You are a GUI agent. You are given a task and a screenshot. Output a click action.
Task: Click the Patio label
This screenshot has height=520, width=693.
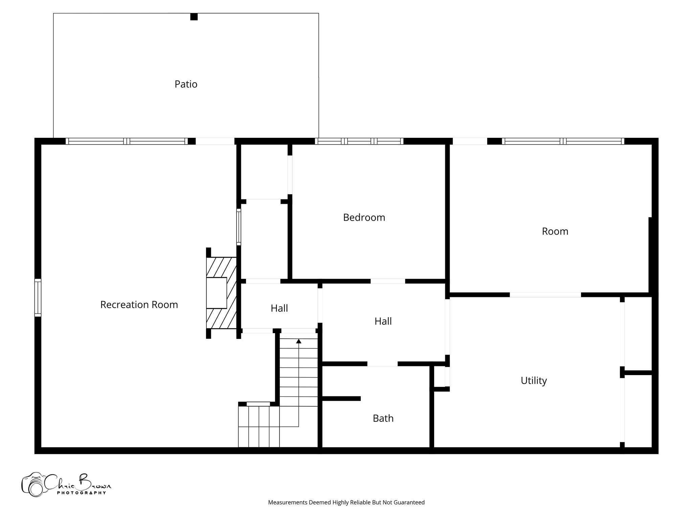pyautogui.click(x=186, y=84)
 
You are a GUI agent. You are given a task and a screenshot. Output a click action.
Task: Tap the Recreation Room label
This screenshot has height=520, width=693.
pyautogui.click(x=139, y=305)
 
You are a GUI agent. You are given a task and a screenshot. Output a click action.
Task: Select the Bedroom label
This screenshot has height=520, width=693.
pyautogui.click(x=364, y=217)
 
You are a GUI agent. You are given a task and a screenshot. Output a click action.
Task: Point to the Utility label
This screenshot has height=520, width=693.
pyautogui.click(x=534, y=381)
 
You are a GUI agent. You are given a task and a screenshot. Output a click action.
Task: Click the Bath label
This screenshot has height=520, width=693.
pyautogui.click(x=383, y=418)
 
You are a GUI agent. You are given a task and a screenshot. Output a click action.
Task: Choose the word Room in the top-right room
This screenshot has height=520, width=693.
pyautogui.click(x=555, y=231)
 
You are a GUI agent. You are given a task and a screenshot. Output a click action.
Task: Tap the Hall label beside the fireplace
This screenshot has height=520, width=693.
pyautogui.click(x=279, y=308)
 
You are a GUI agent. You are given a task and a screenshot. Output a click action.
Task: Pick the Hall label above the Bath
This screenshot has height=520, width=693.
pyautogui.click(x=383, y=321)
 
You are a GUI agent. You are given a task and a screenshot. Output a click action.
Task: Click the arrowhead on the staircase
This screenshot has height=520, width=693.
pyautogui.click(x=298, y=341)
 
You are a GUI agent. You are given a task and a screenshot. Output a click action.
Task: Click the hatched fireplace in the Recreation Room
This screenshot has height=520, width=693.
pyautogui.click(x=221, y=293)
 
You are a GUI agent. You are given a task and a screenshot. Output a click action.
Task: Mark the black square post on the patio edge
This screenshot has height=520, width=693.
pyautogui.click(x=194, y=17)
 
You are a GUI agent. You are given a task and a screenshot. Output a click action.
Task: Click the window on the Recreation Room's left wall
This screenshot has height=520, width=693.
pyautogui.click(x=38, y=298)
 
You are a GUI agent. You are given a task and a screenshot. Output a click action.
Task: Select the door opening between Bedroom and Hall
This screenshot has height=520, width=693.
pyautogui.click(x=388, y=281)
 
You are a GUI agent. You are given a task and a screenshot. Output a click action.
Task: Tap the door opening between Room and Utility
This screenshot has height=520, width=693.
pyautogui.click(x=545, y=295)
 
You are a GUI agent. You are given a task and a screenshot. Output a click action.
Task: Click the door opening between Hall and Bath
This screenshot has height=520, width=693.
pyautogui.click(x=382, y=364)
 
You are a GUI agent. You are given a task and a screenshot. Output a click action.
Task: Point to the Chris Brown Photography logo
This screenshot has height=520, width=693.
pyautogui.click(x=66, y=484)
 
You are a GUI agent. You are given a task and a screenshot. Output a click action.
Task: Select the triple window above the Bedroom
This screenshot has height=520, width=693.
pyautogui.click(x=359, y=141)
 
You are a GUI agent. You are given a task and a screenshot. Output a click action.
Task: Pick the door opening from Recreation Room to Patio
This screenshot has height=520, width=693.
pyautogui.click(x=215, y=141)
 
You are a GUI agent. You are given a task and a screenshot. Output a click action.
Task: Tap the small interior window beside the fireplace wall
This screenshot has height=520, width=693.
pyautogui.click(x=239, y=227)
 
